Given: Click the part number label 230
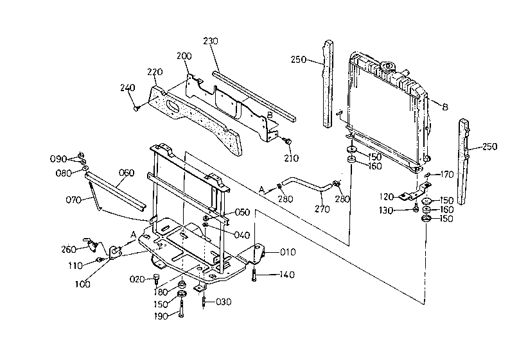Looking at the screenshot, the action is click(x=211, y=41).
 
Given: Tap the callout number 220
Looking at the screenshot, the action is click(x=155, y=72).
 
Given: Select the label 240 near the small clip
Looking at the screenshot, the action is click(x=127, y=88).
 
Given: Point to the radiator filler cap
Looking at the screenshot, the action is click(x=388, y=67).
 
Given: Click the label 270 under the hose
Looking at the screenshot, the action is click(x=322, y=209).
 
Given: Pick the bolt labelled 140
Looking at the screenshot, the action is click(x=254, y=275).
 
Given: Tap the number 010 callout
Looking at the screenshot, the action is click(x=288, y=252).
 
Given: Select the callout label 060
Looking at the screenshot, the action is click(x=126, y=173).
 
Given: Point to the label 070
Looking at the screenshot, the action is click(x=73, y=200).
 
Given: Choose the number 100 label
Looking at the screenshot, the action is click(x=83, y=284).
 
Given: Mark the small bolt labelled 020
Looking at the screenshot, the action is click(x=157, y=279).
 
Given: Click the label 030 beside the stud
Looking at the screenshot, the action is click(x=224, y=302).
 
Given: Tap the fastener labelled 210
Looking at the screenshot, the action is click(x=287, y=141).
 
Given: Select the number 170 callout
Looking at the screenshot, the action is click(x=447, y=175).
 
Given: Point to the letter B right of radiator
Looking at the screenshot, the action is click(x=445, y=107).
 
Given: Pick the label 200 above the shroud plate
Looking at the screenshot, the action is click(x=184, y=56).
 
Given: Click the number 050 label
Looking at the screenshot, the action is click(x=242, y=212).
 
